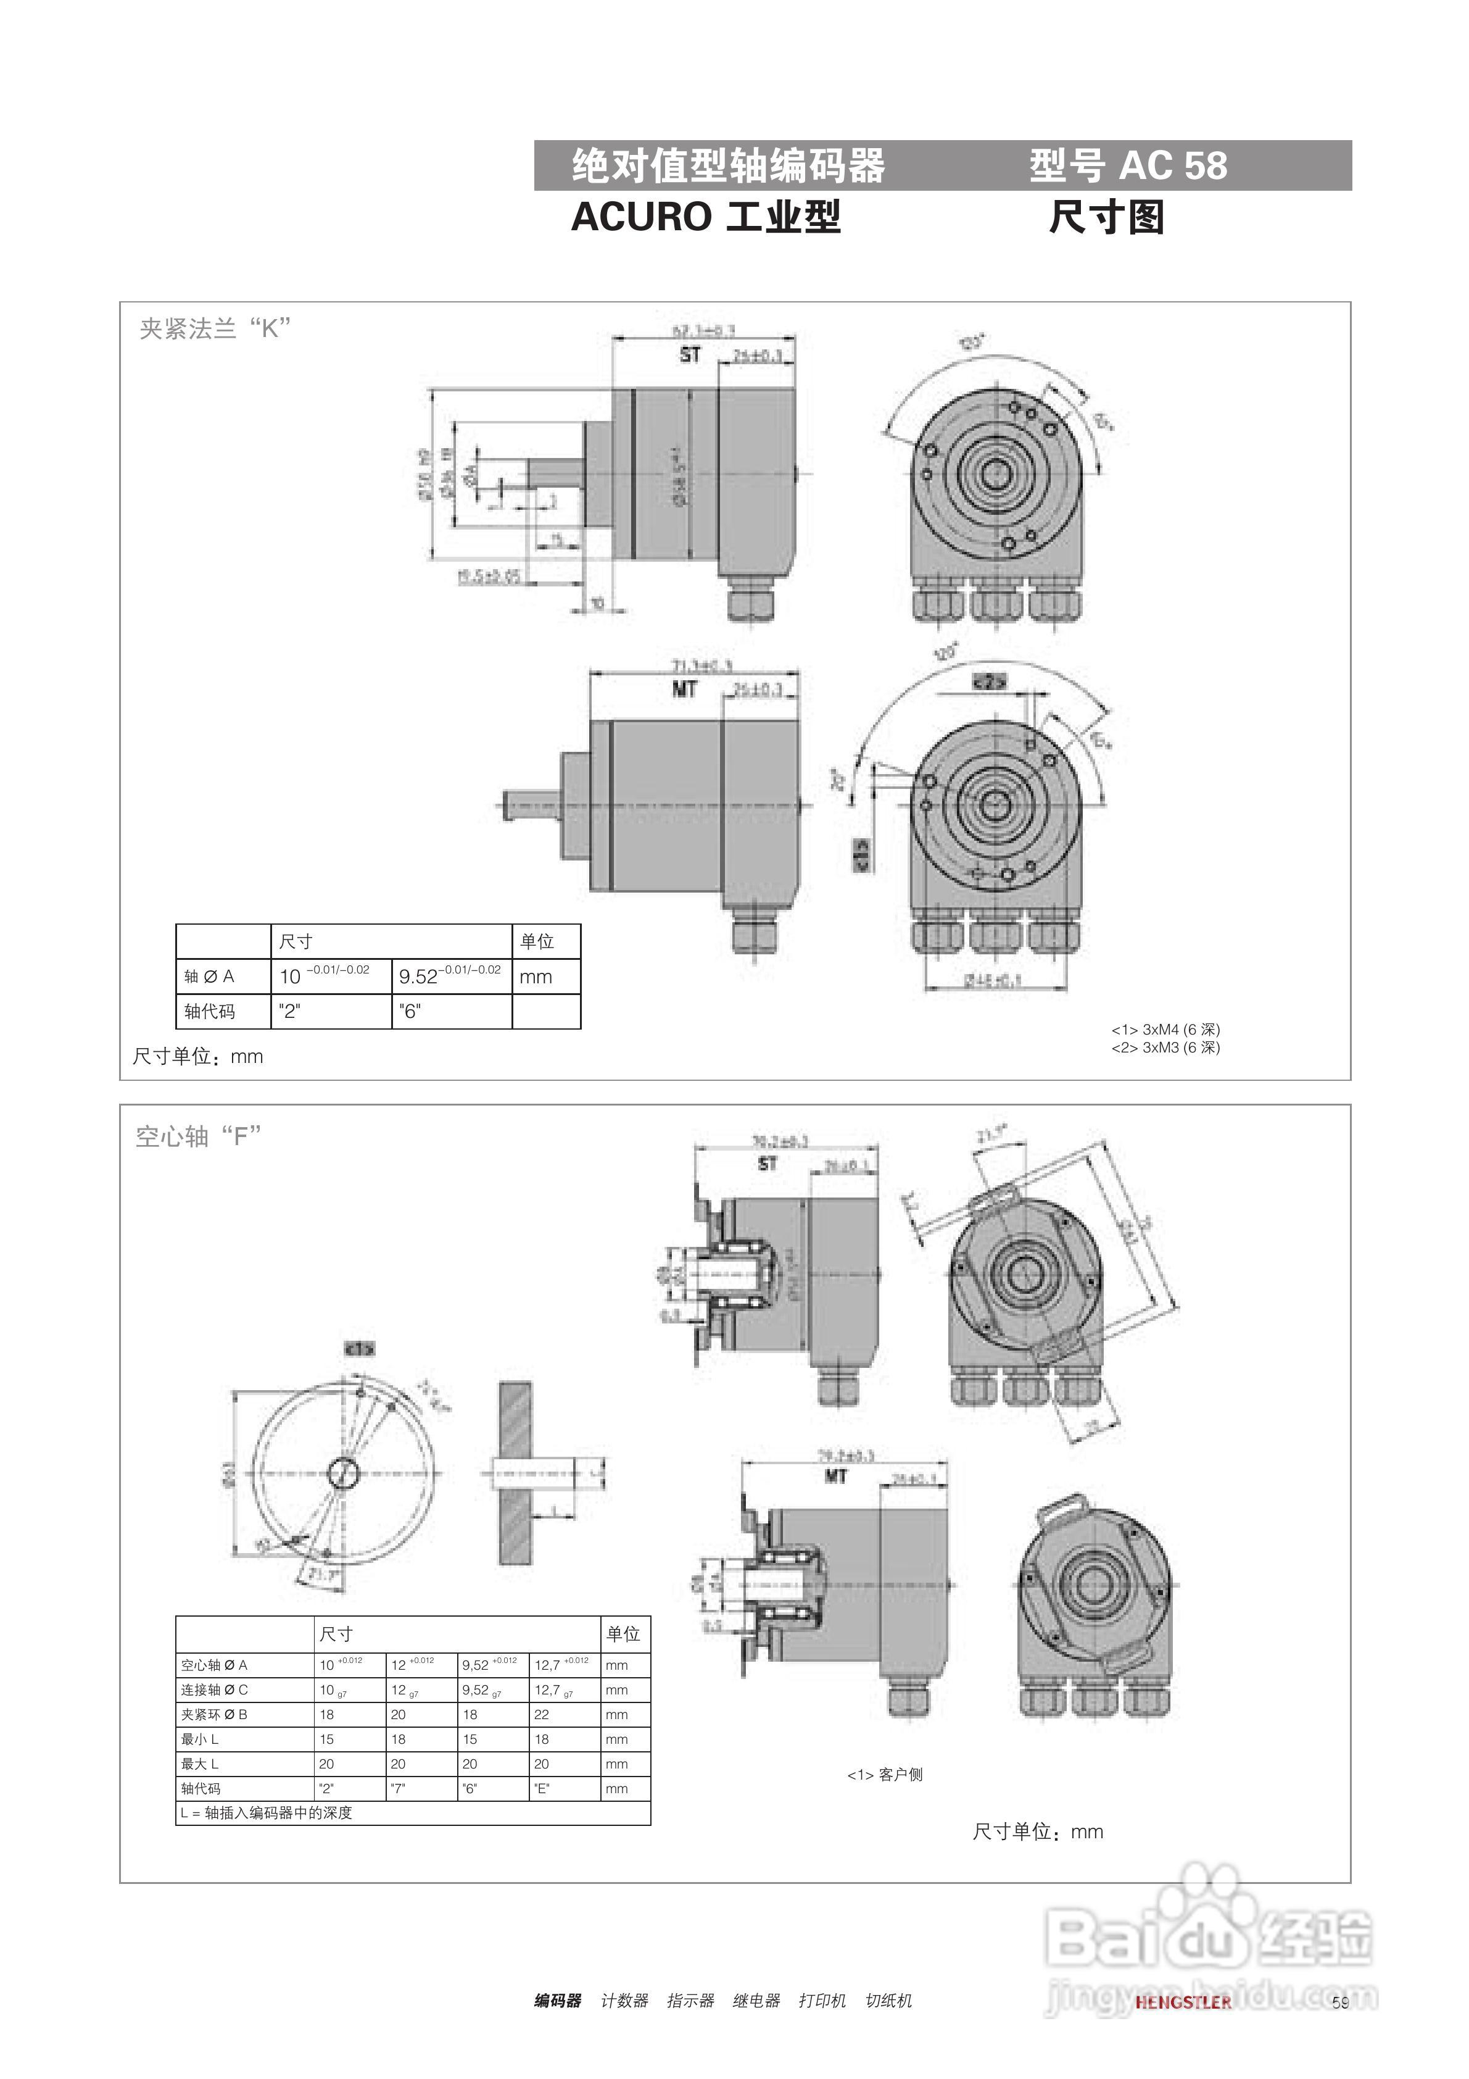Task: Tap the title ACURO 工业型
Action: (x=706, y=217)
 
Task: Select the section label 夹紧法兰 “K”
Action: (x=215, y=328)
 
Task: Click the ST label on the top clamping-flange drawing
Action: (x=690, y=356)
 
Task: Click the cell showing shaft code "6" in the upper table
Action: (x=410, y=1012)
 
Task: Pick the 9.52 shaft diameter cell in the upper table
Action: (x=450, y=976)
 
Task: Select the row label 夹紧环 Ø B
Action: (x=215, y=1715)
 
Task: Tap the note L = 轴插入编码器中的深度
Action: (x=266, y=1813)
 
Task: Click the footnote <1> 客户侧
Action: (x=884, y=1775)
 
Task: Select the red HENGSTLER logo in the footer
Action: (x=1183, y=2002)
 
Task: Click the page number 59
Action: (x=1341, y=2002)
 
